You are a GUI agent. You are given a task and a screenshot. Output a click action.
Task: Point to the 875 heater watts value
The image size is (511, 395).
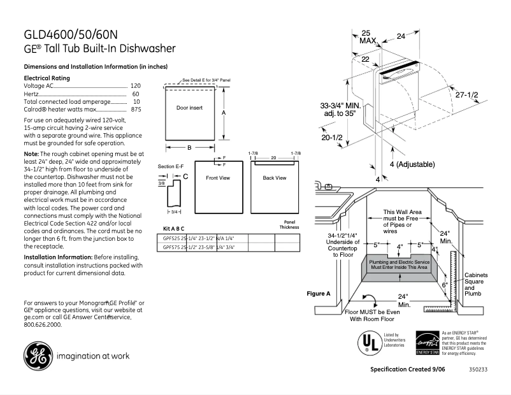[136, 110]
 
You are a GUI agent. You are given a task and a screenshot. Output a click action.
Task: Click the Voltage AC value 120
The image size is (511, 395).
[135, 85]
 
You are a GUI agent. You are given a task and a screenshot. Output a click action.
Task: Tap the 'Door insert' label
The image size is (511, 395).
[189, 108]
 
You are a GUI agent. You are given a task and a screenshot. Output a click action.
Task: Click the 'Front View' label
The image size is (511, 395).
[217, 178]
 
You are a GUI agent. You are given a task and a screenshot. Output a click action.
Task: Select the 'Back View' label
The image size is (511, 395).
[275, 178]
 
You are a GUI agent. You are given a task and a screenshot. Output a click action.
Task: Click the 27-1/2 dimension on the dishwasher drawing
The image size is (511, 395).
[466, 94]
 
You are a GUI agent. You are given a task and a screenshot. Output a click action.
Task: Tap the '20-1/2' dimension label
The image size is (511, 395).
[331, 138]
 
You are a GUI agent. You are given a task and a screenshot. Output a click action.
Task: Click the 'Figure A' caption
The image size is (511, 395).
[319, 294]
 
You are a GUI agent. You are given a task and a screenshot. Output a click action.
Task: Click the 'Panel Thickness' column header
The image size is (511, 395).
[289, 224]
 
